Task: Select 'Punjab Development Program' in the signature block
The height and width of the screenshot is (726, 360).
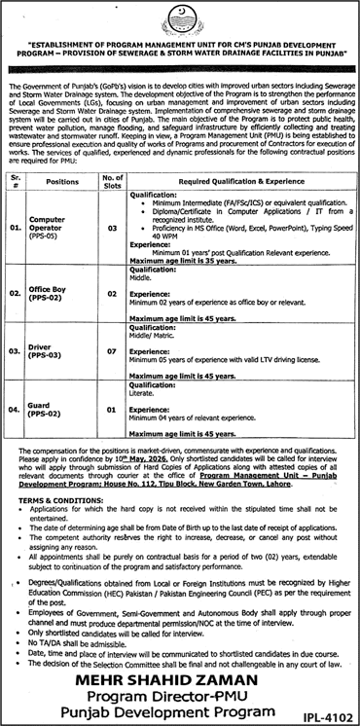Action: pyautogui.click(x=179, y=713)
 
